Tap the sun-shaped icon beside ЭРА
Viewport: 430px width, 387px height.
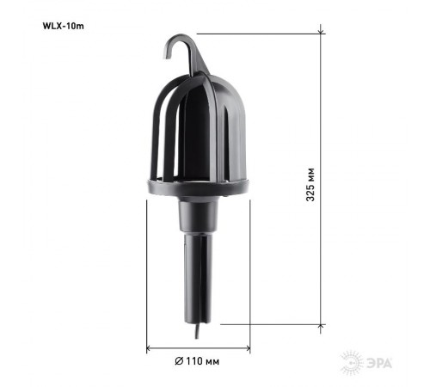[353, 361]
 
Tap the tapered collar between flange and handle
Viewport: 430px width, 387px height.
[197, 217]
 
